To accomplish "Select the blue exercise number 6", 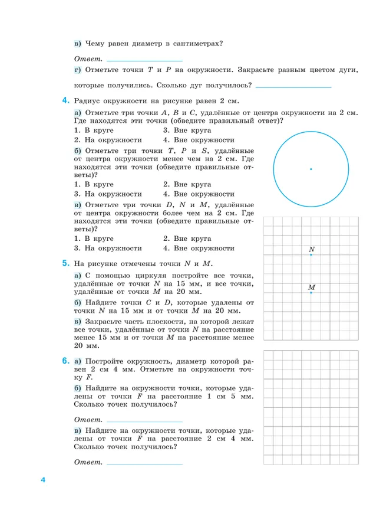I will click(65, 360).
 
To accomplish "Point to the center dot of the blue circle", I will click(311, 169).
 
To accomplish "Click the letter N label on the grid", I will click(311, 250).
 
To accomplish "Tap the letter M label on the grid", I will click(312, 287).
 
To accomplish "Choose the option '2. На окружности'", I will click(108, 140).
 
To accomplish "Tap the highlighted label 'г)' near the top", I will click(78, 70).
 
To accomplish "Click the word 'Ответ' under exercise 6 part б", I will click(88, 419).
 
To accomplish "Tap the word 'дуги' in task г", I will click(348, 70).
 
